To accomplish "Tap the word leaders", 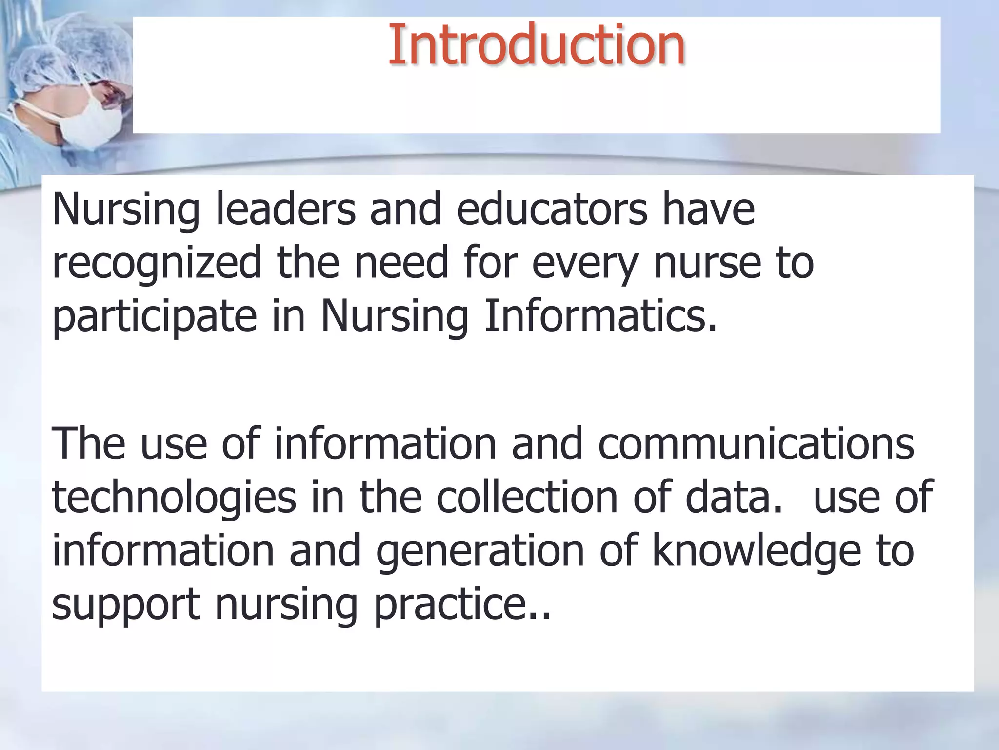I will click(x=285, y=209).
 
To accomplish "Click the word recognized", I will click(x=157, y=264).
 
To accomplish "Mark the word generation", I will click(x=480, y=552).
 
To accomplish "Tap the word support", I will click(x=126, y=605).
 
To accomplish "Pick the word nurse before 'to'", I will click(x=707, y=264).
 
